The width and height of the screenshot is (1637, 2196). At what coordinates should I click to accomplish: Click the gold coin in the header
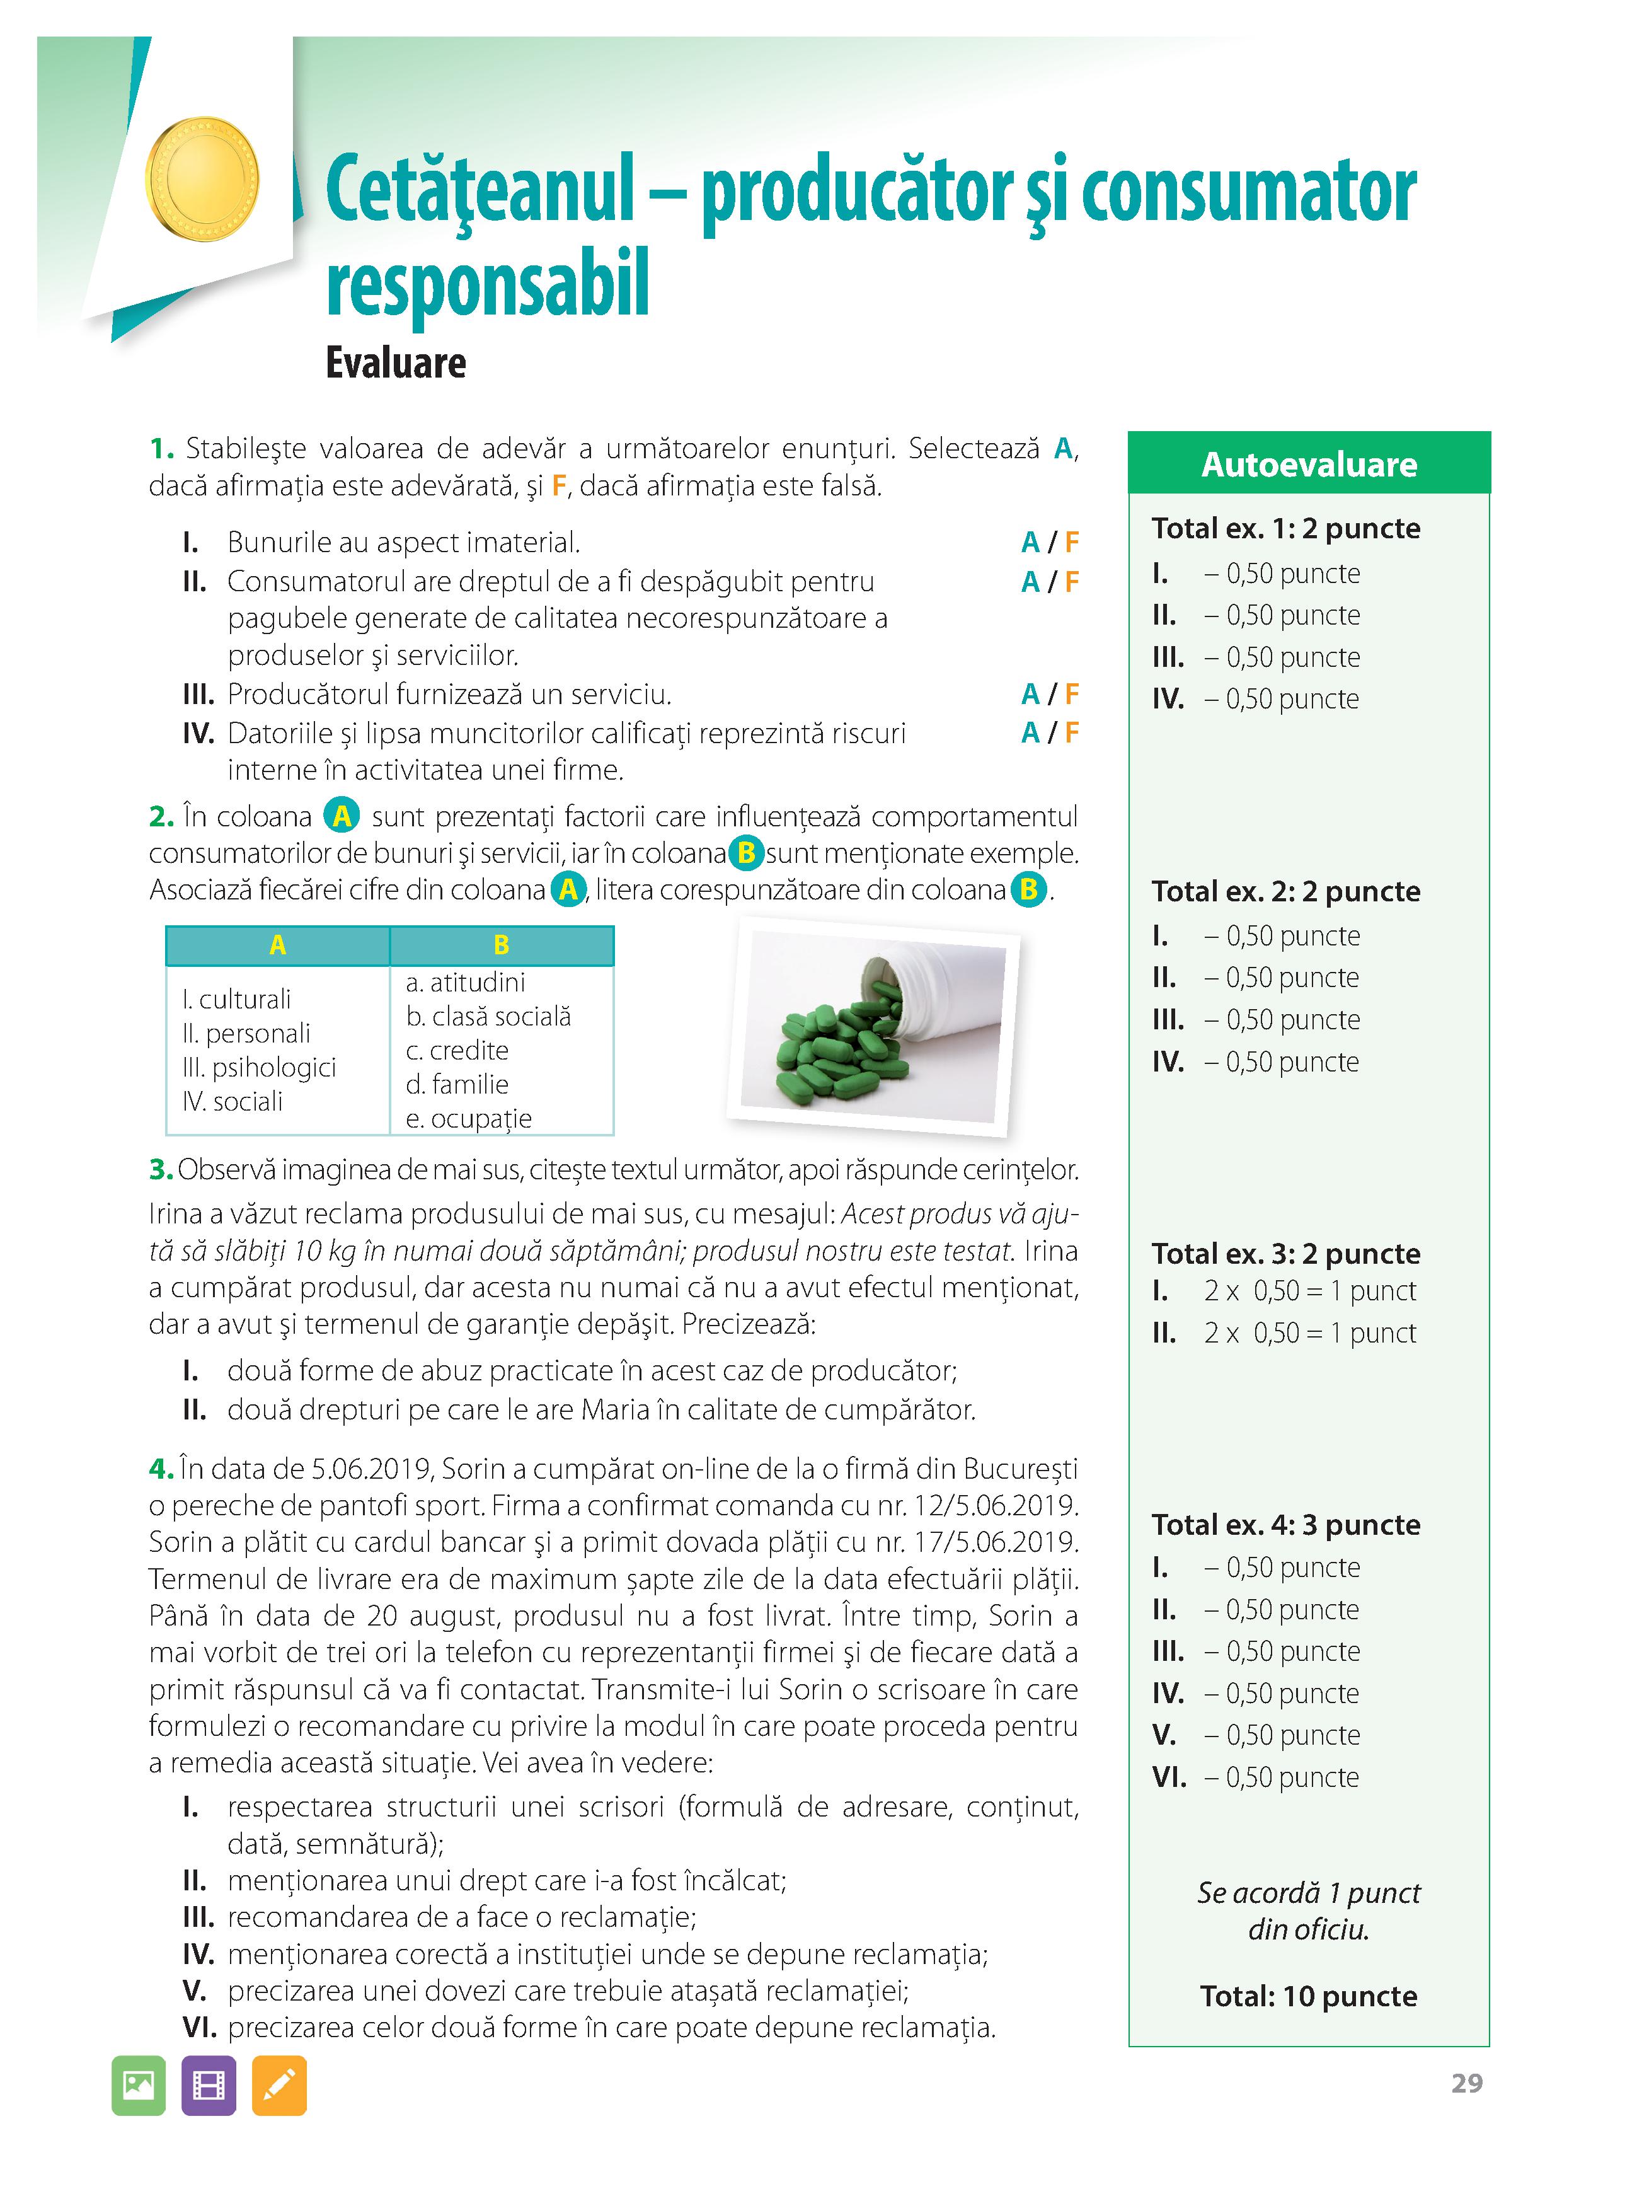tap(202, 180)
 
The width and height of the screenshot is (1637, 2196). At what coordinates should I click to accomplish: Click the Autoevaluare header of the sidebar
tap(1308, 464)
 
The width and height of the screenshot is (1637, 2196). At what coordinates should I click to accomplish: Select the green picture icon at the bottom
tap(139, 2085)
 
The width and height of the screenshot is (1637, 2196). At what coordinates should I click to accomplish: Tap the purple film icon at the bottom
tap(208, 2085)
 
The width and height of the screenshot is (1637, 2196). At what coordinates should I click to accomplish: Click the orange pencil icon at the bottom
tap(279, 2085)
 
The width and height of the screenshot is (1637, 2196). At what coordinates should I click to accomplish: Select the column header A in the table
tap(277, 945)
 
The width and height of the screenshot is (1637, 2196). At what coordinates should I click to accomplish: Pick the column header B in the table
tap(502, 945)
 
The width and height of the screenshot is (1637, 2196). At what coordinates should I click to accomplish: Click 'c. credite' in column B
tap(457, 1051)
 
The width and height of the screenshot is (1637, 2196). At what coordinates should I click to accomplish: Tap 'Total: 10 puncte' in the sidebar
tap(1308, 1995)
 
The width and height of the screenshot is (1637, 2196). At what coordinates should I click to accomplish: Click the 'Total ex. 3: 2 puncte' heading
tap(1285, 1254)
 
